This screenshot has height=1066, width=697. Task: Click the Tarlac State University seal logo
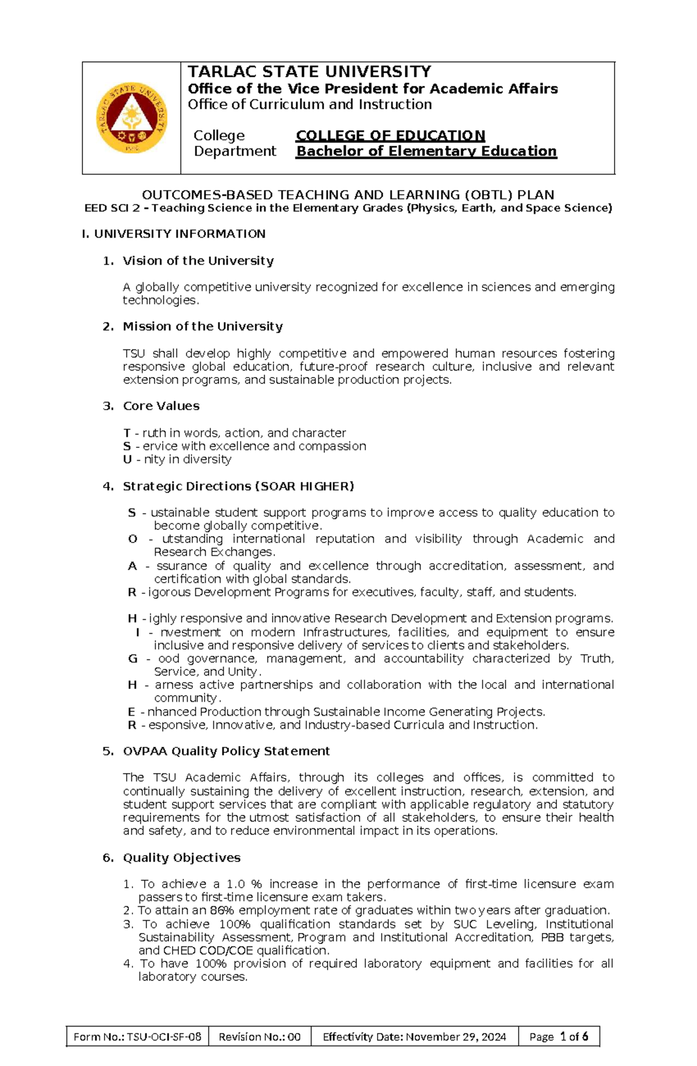pos(132,118)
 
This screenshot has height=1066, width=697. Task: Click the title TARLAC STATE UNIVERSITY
pos(309,72)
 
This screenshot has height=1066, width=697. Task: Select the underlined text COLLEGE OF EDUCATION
pos(390,135)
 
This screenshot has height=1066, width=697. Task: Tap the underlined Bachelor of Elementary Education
pos(426,151)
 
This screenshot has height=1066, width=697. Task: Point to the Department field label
pos(235,151)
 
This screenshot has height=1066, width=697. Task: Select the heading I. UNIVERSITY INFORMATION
pos(174,234)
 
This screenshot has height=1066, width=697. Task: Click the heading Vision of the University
pos(198,260)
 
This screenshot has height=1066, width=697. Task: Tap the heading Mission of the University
pos(203,326)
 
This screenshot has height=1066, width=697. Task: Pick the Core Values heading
pos(161,406)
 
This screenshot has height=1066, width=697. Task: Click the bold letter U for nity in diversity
pos(127,460)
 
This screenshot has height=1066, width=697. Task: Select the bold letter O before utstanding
pos(132,539)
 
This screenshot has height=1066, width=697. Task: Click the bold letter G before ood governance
pos(132,659)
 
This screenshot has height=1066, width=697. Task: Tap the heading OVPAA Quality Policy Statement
pos(226,751)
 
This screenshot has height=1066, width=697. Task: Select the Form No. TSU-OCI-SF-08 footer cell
pos(138,1036)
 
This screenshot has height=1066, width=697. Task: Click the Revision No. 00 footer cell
pos(260,1036)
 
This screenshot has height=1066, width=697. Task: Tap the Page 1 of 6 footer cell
pos(558,1036)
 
